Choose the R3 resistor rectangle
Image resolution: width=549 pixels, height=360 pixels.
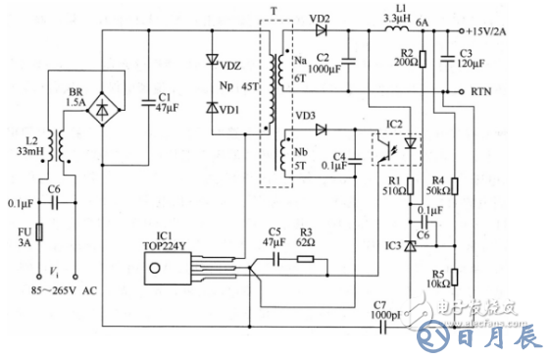pos(306,260)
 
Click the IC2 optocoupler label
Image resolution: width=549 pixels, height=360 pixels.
pos(394,125)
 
